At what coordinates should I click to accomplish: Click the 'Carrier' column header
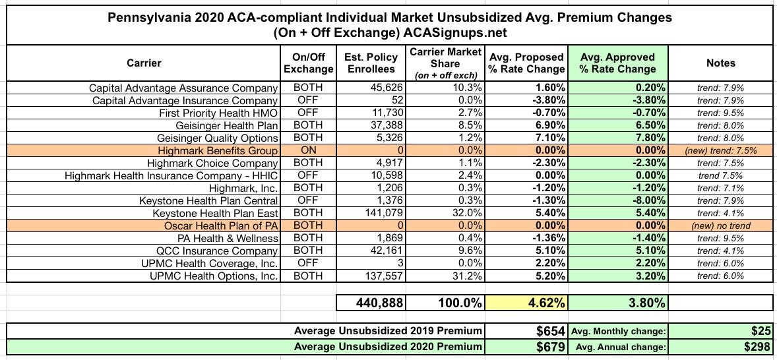pyautogui.click(x=143, y=63)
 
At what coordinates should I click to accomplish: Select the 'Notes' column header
pyautogui.click(x=720, y=63)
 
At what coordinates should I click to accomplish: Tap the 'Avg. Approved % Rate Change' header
pyautogui.click(x=617, y=63)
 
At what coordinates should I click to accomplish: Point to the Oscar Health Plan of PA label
pyautogui.click(x=221, y=225)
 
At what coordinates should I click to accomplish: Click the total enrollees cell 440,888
pyautogui.click(x=372, y=303)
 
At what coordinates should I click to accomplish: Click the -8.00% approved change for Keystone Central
pyautogui.click(x=644, y=200)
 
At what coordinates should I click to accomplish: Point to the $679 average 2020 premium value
pyautogui.click(x=550, y=346)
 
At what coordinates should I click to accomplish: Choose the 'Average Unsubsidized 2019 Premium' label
pyautogui.click(x=388, y=330)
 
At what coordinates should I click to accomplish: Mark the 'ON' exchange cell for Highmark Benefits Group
pyautogui.click(x=308, y=150)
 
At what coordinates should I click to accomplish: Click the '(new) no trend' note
pyautogui.click(x=720, y=225)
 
